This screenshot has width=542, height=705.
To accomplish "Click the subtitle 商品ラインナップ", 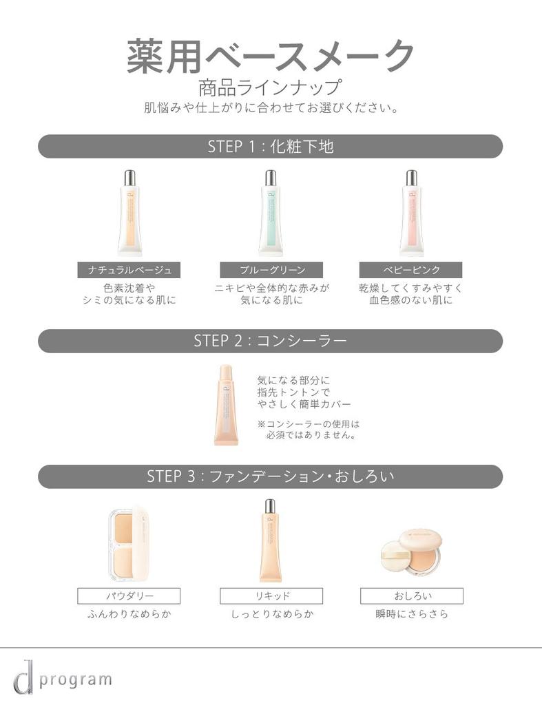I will (270, 88).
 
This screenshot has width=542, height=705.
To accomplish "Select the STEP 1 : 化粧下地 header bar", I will (270, 147).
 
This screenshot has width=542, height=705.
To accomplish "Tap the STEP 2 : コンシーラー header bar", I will (270, 341).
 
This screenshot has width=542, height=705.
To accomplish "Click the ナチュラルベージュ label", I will (129, 270).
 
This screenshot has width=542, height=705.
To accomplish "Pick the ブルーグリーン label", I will (271, 270).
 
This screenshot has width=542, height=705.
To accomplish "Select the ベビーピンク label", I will (411, 270).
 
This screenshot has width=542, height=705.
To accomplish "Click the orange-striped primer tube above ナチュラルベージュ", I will (129, 213).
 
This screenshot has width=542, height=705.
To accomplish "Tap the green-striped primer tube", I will (271, 213).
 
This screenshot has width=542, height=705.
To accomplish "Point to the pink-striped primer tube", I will (412, 213).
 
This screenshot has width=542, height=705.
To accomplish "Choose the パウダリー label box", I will (129, 596).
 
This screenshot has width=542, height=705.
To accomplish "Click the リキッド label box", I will (271, 596).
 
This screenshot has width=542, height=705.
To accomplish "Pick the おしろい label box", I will (412, 596).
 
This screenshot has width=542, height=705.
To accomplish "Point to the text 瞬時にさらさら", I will (412, 614).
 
